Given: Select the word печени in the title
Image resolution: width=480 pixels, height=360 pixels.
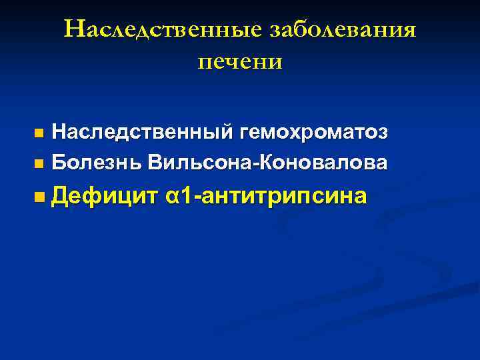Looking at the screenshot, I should click(x=240, y=61).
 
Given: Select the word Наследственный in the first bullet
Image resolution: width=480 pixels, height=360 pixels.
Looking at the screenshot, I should click(x=141, y=133).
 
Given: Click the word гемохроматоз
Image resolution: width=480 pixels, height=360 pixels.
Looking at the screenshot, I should click(x=311, y=133).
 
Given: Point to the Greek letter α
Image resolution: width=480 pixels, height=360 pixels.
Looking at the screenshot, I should click(x=173, y=197).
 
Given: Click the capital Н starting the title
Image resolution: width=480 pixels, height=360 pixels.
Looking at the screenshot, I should click(x=73, y=29).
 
